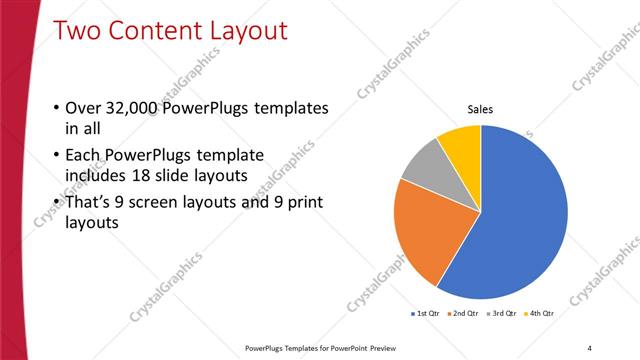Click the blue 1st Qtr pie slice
tap(520, 220)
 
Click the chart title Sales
tap(481, 110)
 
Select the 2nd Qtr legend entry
tap(466, 313)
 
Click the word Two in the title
tap(77, 31)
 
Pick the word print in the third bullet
tap(298, 202)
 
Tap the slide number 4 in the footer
tap(589, 348)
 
